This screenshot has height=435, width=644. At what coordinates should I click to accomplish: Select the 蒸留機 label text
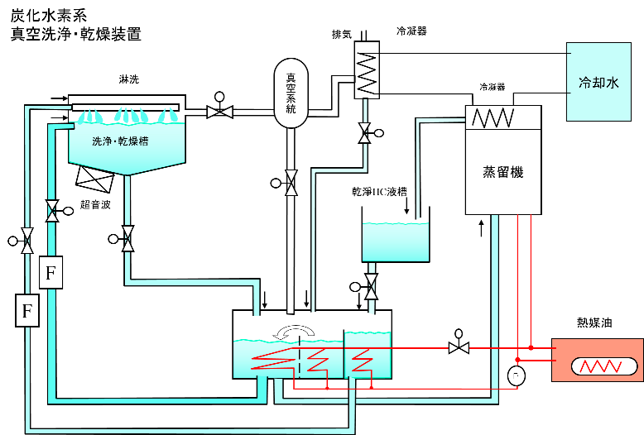[x=502, y=172]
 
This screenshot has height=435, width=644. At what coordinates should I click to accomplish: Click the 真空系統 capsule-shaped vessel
[x=291, y=93]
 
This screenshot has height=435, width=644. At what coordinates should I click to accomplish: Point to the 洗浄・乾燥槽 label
[x=120, y=141]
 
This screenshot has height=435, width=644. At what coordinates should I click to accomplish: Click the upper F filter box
[x=50, y=272]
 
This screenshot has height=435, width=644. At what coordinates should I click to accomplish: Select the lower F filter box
[x=27, y=310]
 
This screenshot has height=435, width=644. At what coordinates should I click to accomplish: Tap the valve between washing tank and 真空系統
[x=219, y=112]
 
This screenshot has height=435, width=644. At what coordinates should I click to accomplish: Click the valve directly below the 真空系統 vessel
[x=291, y=183]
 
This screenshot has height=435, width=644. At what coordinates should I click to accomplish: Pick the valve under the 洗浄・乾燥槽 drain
[x=127, y=239]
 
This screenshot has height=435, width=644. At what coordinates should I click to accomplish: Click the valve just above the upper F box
[x=52, y=211]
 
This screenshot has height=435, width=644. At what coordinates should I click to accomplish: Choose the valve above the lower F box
[x=27, y=241]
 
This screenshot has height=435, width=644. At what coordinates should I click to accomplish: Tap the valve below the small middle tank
[x=371, y=286]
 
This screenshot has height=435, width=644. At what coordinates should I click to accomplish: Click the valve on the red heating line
[x=459, y=348]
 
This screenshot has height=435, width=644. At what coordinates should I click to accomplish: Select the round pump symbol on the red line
[x=516, y=376]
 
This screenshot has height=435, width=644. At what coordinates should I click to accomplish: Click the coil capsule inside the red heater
[x=604, y=366]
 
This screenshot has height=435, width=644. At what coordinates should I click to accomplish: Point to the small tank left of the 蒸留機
[x=396, y=241]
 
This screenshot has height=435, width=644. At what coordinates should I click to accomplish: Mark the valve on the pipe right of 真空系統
[x=364, y=132]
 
